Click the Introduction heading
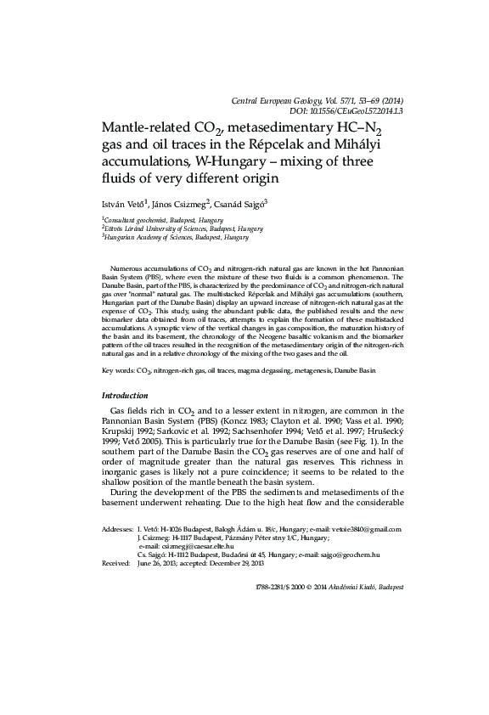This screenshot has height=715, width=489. (125, 396)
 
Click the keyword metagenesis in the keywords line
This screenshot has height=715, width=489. (301, 370)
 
